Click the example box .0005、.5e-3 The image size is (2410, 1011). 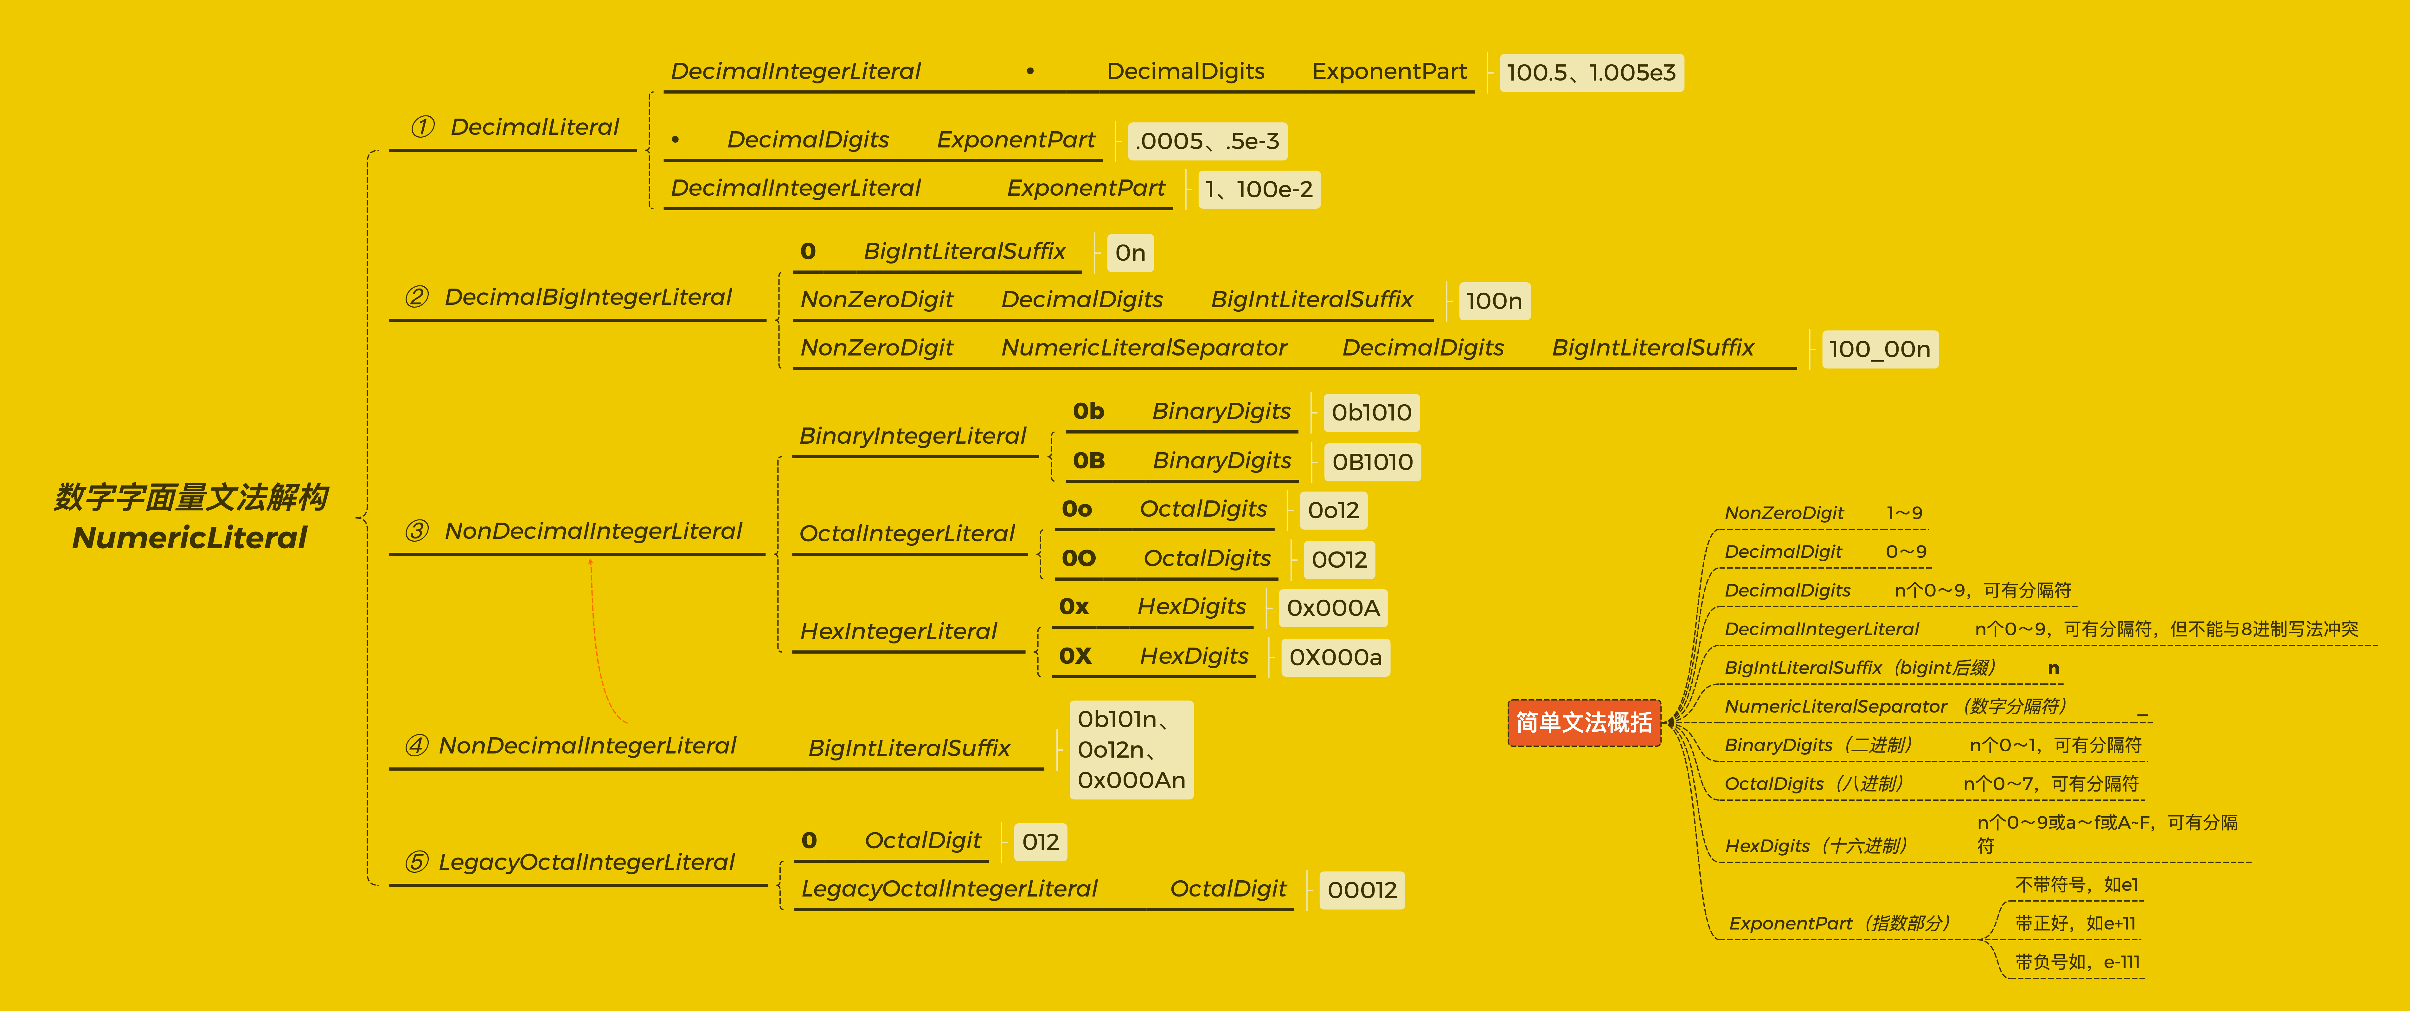1207,141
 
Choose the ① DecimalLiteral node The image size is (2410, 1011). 516,127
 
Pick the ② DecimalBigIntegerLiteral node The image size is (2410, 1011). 569,298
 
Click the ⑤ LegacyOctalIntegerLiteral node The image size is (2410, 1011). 570,862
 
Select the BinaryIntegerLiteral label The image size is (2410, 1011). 912,436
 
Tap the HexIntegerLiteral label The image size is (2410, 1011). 898,632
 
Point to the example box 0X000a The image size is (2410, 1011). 1335,657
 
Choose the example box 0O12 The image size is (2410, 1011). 1339,560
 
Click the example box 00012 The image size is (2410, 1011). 1361,890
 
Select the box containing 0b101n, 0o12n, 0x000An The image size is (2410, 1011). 1130,750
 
